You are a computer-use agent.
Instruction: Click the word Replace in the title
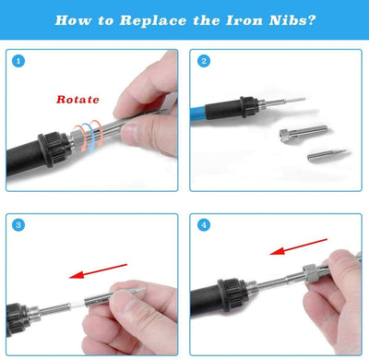point(153,20)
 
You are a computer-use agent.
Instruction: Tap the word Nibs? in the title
point(292,20)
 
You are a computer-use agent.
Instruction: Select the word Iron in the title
point(244,20)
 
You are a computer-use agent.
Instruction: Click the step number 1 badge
point(18,61)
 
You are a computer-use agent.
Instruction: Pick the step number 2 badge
point(204,61)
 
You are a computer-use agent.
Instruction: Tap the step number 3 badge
point(18,225)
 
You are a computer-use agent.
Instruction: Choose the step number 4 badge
point(204,225)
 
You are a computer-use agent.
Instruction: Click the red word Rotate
point(77,100)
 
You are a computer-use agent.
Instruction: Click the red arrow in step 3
point(98,271)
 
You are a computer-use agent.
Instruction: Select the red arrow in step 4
point(298,246)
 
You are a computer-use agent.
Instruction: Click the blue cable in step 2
point(197,113)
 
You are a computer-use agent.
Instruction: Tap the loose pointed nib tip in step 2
point(327,154)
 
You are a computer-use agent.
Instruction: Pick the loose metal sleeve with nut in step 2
point(303,132)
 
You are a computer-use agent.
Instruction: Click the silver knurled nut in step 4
point(310,271)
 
